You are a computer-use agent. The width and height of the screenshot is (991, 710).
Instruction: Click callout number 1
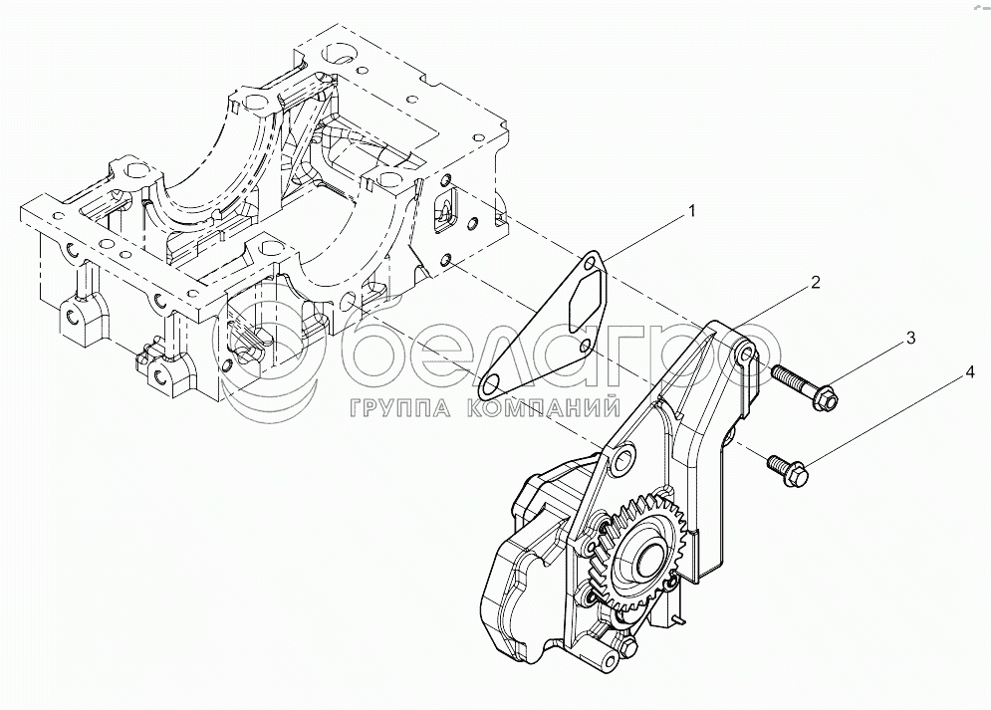coord(688,212)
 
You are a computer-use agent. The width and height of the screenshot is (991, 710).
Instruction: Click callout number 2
coord(814,283)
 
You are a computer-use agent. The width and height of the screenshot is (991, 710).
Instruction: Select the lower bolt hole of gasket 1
coord(491,383)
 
